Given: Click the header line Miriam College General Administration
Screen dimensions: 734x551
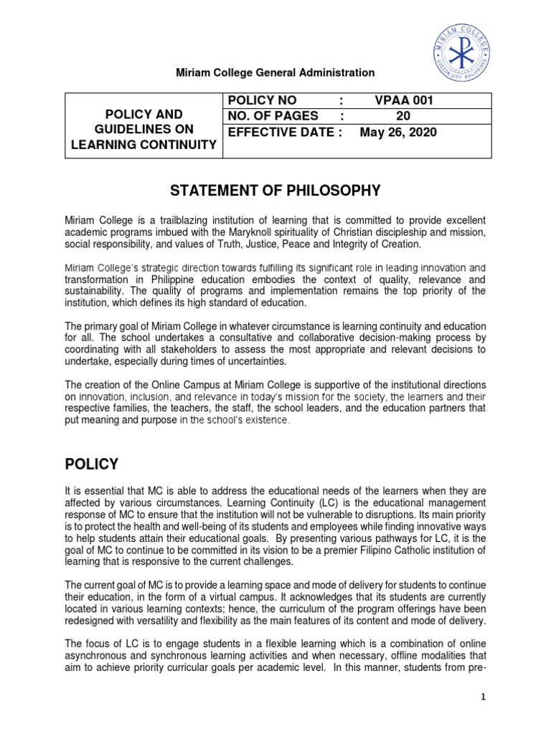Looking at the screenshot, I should tap(275, 72).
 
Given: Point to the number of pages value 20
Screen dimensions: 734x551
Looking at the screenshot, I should tap(403, 116).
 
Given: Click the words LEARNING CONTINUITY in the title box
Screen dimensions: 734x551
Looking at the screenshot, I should tap(143, 146).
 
